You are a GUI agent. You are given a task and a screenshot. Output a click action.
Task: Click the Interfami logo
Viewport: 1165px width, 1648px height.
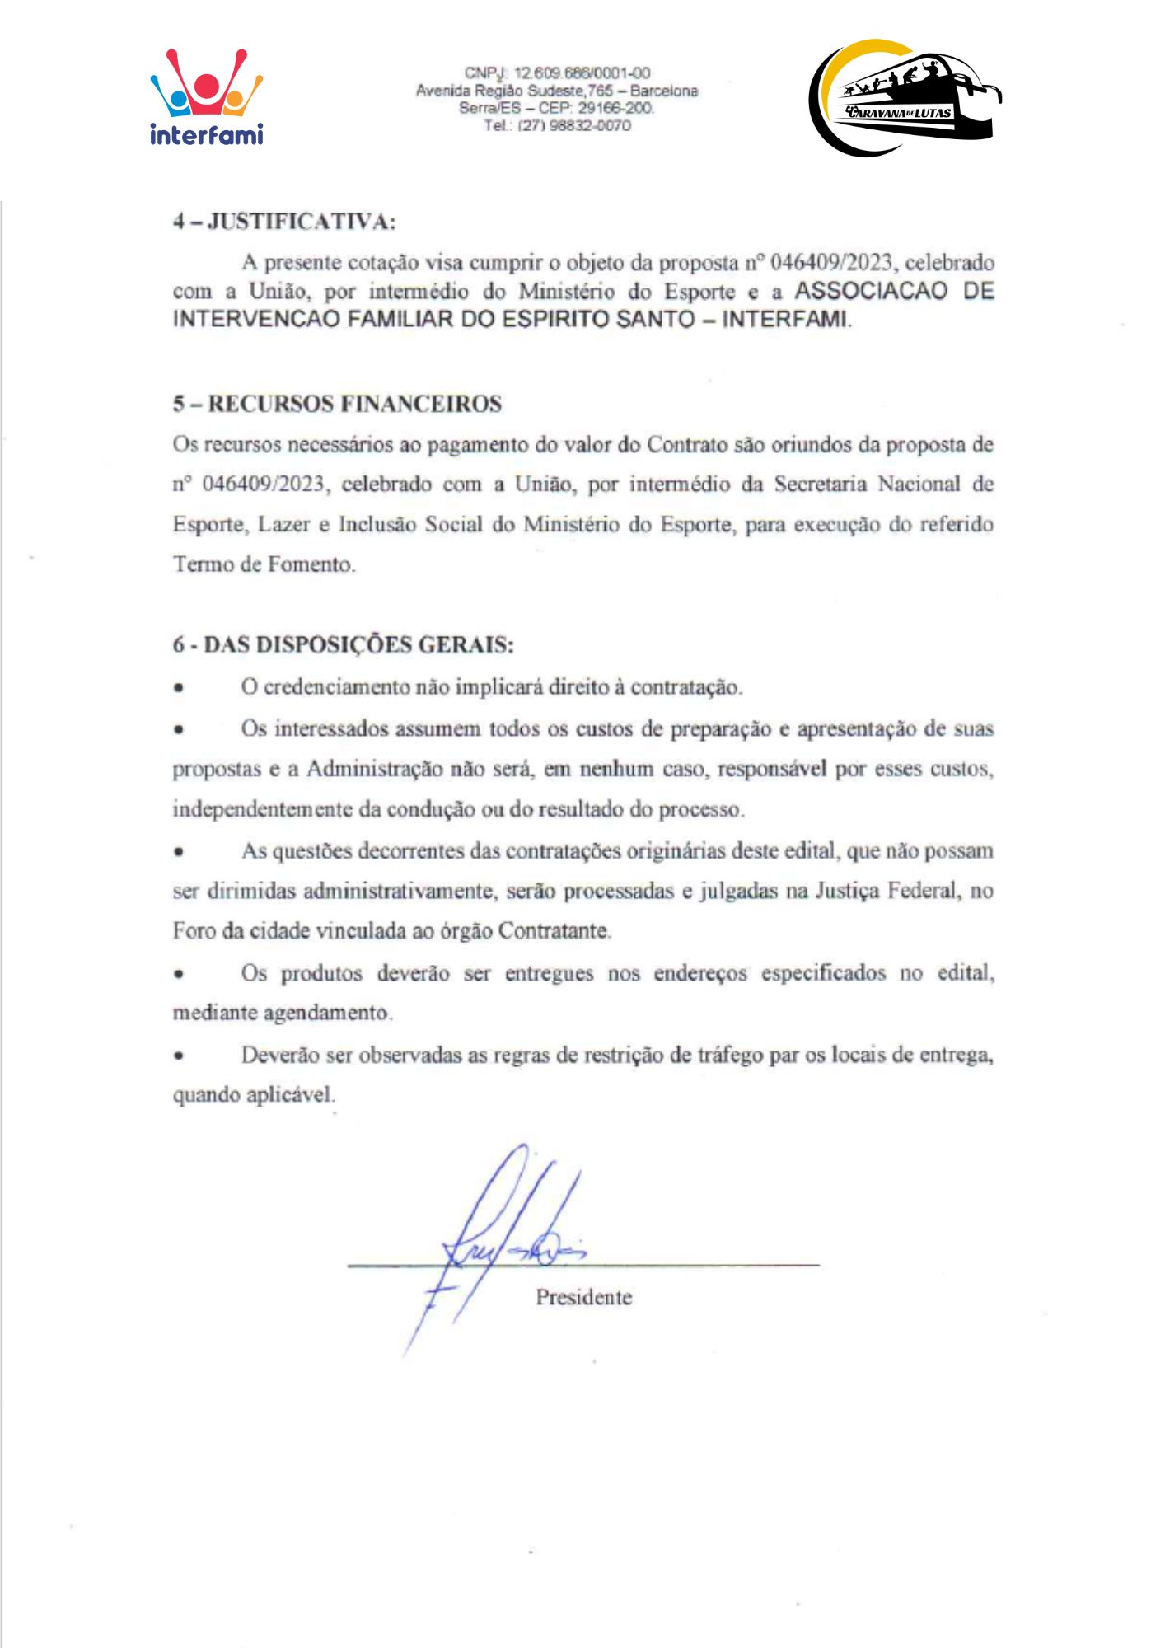(x=206, y=97)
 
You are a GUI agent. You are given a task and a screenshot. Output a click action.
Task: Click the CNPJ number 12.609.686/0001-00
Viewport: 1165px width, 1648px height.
(x=582, y=73)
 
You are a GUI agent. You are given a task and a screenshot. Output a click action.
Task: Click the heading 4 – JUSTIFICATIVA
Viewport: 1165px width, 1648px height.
(x=284, y=222)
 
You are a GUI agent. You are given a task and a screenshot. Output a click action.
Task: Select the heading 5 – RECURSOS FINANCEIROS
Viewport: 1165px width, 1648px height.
(x=337, y=404)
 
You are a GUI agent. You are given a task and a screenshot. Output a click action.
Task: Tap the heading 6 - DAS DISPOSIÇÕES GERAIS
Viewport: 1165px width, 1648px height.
(x=343, y=644)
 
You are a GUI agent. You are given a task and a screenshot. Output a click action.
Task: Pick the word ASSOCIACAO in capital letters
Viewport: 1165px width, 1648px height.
(x=871, y=291)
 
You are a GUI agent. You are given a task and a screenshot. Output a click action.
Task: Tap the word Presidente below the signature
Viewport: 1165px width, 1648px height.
(x=583, y=1297)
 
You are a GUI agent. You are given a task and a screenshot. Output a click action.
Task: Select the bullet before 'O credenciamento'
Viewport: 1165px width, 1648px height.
(x=178, y=687)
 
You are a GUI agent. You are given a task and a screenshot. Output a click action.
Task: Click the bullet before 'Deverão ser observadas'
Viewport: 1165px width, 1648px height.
(x=178, y=1056)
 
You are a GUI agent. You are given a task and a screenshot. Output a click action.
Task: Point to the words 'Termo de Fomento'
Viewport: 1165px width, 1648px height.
(x=264, y=564)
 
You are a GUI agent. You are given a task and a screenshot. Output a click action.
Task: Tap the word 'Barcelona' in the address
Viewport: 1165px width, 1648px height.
(x=664, y=91)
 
